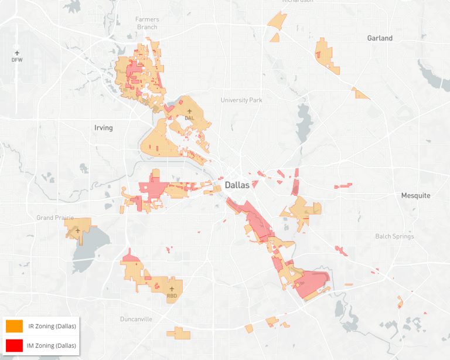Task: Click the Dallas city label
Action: click(236, 185)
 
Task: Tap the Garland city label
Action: click(380, 38)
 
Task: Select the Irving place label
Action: click(103, 128)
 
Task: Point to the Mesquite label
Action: click(415, 195)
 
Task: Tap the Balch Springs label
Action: click(394, 236)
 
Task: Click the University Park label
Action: click(241, 100)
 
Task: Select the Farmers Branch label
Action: click(147, 23)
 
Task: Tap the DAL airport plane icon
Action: click(189, 110)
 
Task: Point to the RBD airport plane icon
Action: click(172, 289)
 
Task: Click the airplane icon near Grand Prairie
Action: click(77, 231)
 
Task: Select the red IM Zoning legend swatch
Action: click(14, 345)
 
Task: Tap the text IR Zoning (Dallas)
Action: click(52, 326)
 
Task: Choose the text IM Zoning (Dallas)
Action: click(52, 346)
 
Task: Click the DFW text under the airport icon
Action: click(16, 60)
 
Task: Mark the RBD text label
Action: click(172, 296)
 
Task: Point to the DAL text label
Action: click(189, 117)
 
